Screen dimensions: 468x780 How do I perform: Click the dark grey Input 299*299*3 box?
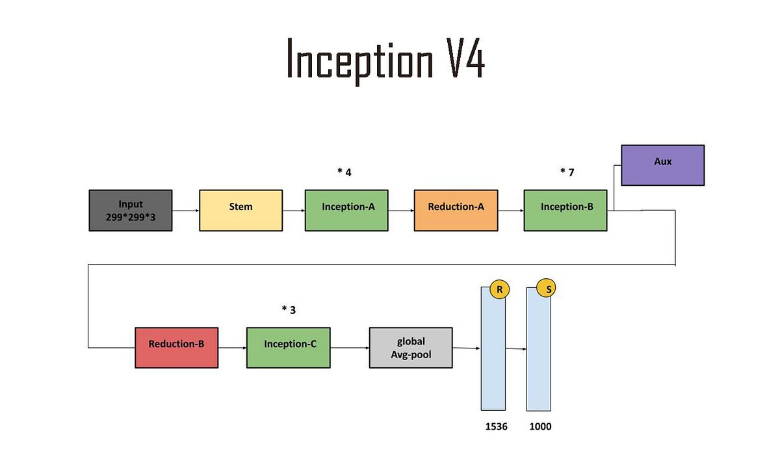click(130, 210)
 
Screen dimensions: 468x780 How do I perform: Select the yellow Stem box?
click(240, 210)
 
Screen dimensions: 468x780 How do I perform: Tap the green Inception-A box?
click(346, 210)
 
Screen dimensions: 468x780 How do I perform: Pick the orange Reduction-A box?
click(456, 210)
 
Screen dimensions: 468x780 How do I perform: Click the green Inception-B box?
click(565, 210)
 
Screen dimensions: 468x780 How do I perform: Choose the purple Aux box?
click(662, 165)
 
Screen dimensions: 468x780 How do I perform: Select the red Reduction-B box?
click(176, 347)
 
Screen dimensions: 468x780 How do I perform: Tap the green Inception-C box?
click(288, 347)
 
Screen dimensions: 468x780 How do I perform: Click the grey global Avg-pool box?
click(411, 347)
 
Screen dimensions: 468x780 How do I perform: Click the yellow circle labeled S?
click(546, 288)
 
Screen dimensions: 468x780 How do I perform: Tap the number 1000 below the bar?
click(540, 426)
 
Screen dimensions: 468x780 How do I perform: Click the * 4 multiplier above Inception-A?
click(344, 172)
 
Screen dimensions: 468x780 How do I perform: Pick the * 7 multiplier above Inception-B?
click(567, 172)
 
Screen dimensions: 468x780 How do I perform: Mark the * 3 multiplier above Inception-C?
click(289, 310)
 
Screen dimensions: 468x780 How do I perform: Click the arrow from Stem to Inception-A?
click(294, 211)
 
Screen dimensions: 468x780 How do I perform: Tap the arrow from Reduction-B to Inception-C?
click(232, 348)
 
